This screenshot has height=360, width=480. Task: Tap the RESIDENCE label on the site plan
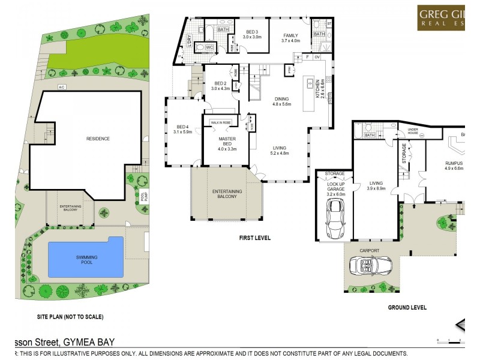click(98, 139)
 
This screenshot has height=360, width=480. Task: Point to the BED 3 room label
click(252, 34)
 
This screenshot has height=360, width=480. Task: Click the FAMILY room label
click(290, 38)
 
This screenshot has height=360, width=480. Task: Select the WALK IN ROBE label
click(221, 122)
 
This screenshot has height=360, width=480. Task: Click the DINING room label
click(281, 101)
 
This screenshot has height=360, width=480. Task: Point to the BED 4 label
click(182, 129)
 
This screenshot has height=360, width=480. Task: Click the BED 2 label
click(220, 86)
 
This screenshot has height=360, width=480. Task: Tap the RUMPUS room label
click(454, 165)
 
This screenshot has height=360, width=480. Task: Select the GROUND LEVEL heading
click(407, 308)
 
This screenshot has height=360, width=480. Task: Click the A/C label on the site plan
click(61, 88)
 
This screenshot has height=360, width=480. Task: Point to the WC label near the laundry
click(209, 47)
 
